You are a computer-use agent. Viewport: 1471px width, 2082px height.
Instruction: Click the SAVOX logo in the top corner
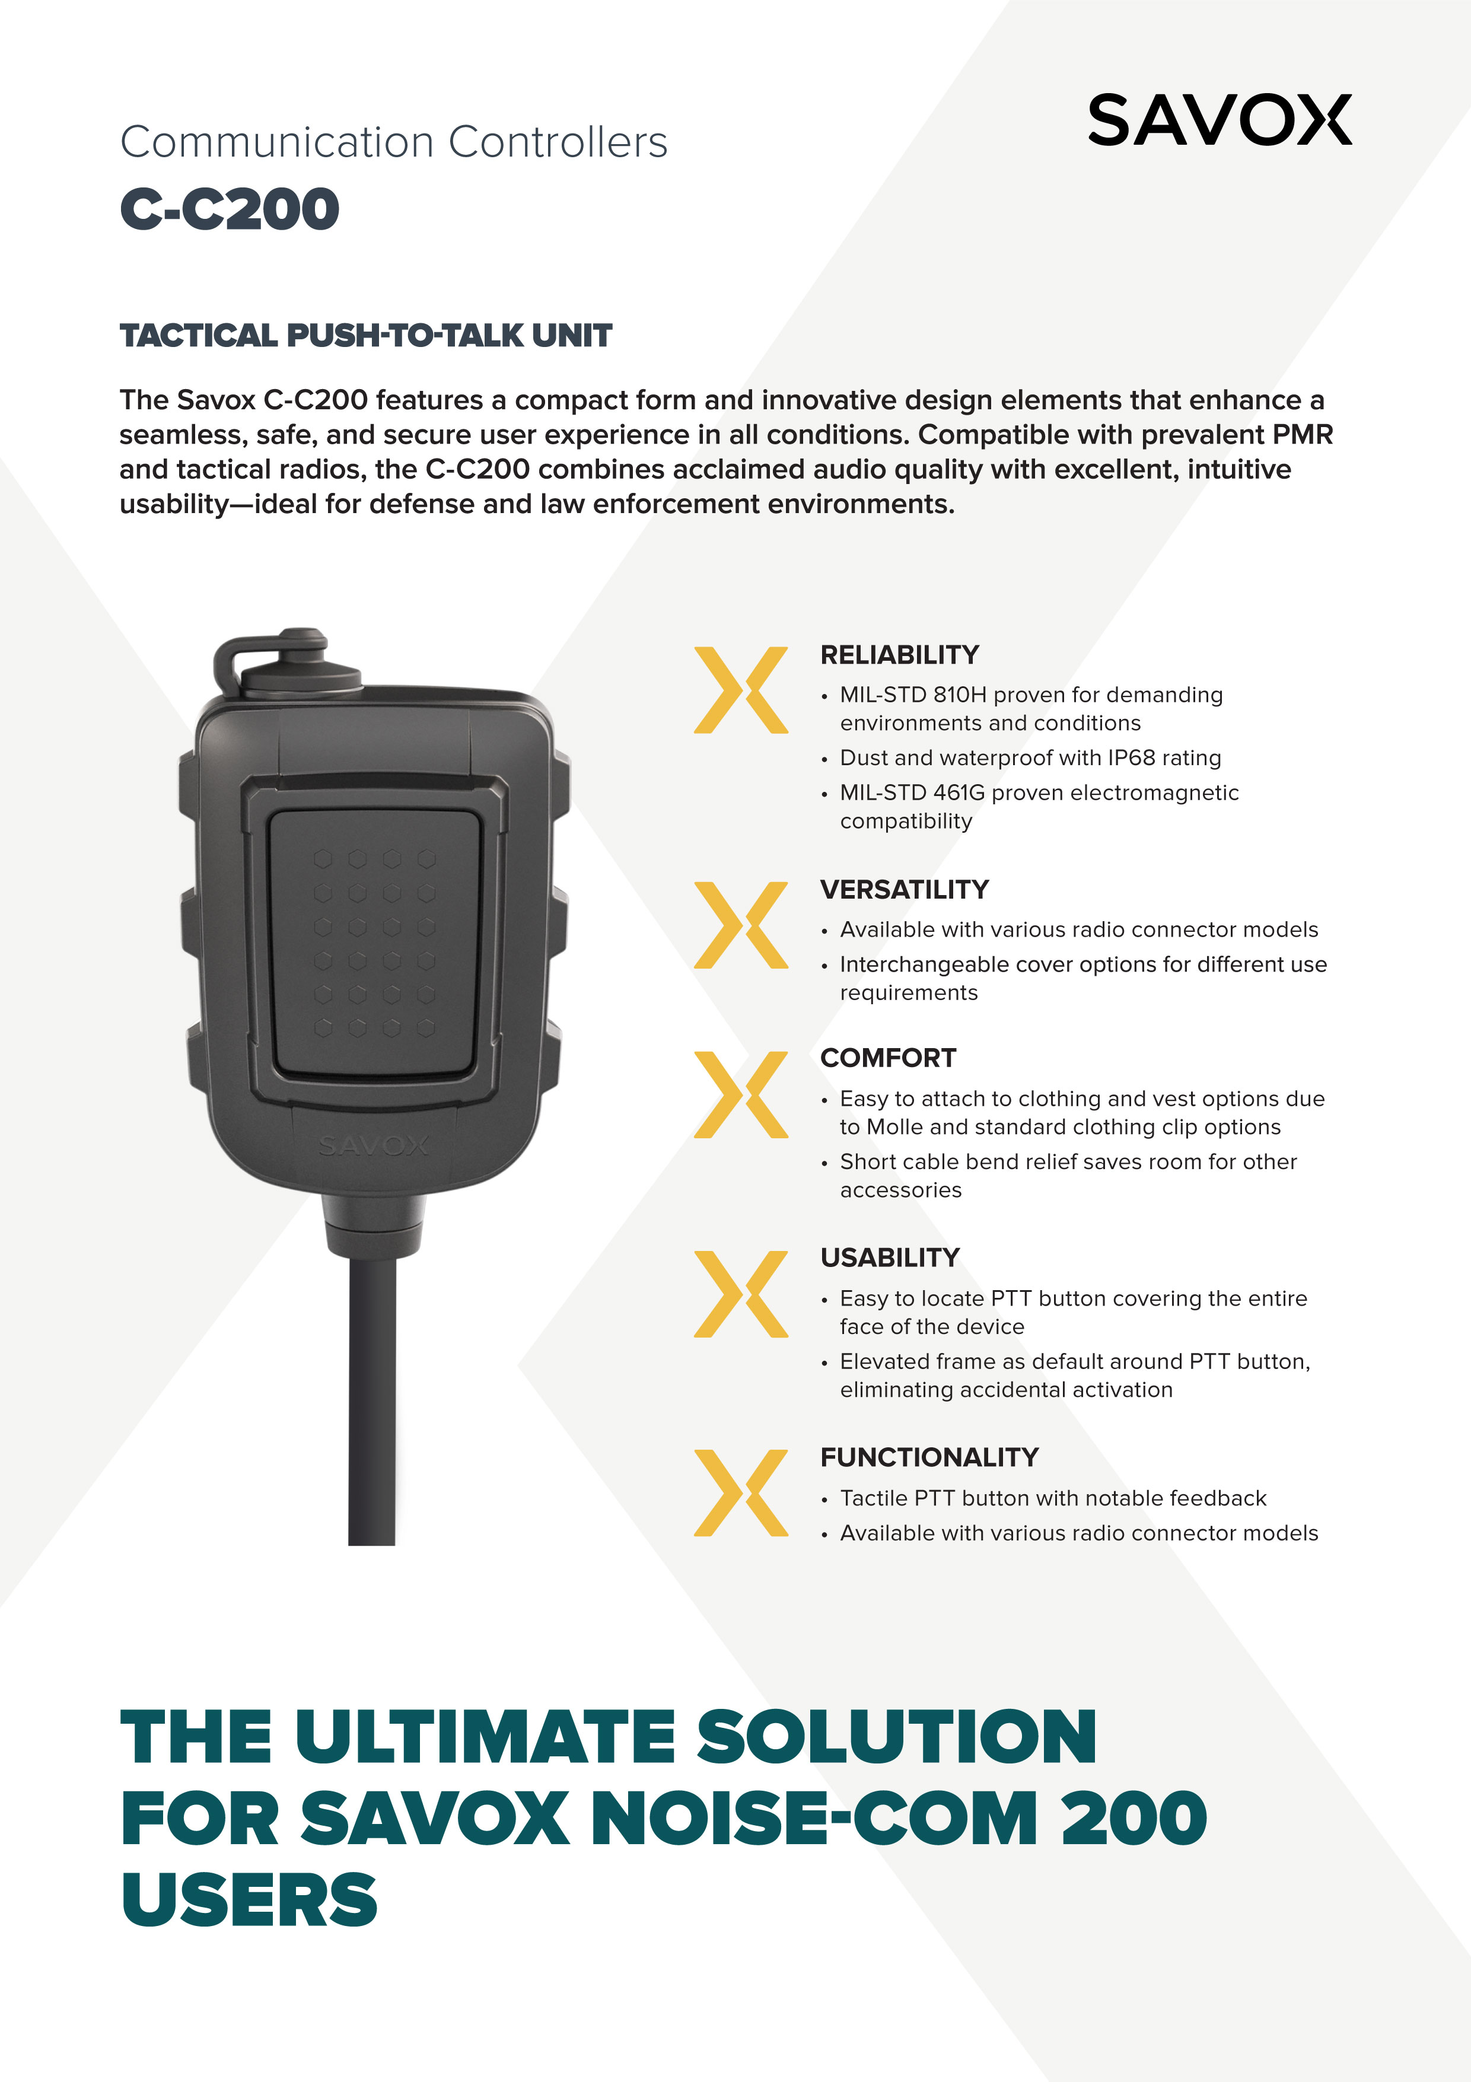pos(1220,120)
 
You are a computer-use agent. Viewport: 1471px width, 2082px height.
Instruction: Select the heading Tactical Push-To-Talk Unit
pos(365,336)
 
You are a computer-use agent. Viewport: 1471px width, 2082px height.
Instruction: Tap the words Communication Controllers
pos(394,142)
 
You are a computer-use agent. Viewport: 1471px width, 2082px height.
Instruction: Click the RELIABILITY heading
pos(900,655)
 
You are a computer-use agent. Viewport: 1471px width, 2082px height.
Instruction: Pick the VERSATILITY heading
pos(904,890)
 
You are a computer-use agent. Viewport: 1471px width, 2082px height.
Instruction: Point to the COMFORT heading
pos(888,1058)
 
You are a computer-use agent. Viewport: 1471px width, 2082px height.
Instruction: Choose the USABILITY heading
pos(890,1258)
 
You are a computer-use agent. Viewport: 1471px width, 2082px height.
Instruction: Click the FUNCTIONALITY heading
pos(929,1457)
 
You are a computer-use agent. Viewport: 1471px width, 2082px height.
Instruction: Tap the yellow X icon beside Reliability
pos(741,690)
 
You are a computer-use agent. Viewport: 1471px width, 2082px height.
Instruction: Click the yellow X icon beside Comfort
pos(741,1094)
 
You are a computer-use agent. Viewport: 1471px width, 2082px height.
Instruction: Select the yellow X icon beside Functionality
pos(741,1492)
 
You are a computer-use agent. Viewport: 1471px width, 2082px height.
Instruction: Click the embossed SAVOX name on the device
pos(374,1146)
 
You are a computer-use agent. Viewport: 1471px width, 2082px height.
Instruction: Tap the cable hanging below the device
pos(372,1396)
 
